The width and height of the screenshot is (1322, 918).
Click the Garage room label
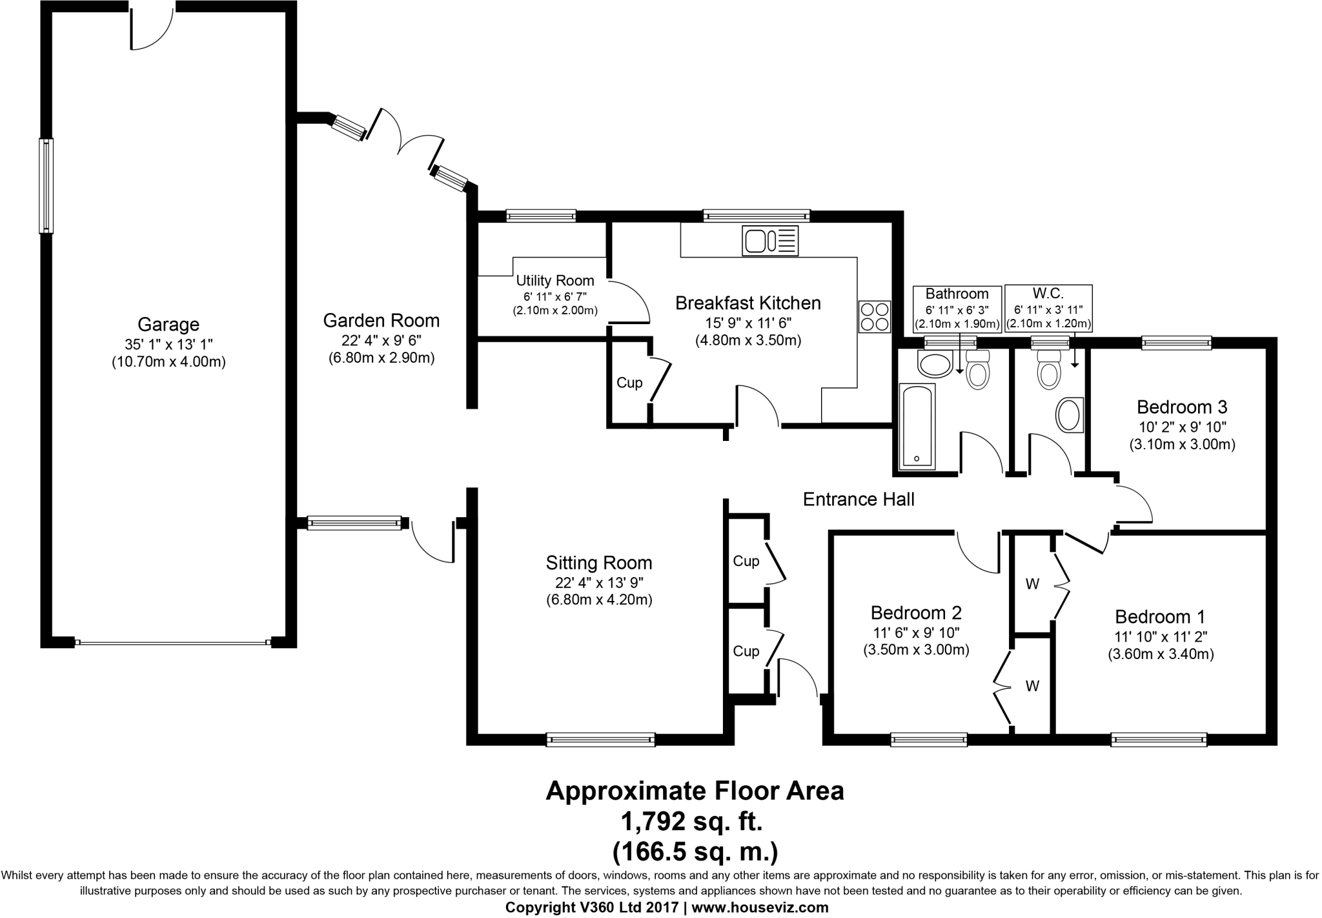168,324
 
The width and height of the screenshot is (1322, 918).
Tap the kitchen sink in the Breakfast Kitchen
771,241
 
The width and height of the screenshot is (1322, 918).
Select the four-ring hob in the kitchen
875,317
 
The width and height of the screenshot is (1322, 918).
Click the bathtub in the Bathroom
917,425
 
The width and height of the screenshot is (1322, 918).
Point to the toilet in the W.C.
1049,369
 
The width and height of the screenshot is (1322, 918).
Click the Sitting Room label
599,563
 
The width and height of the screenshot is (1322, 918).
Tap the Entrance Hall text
859,499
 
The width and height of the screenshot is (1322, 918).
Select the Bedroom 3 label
1182,407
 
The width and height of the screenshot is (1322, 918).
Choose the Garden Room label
381,320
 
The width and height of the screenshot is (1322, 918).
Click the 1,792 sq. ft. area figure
692,822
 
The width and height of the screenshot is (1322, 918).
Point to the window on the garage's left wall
46,186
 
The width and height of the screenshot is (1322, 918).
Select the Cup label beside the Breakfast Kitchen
629,383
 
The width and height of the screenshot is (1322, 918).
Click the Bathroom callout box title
957,294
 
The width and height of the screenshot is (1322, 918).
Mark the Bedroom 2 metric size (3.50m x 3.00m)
916,650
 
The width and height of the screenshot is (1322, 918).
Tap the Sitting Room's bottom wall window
600,739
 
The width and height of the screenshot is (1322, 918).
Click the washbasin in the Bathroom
935,364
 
